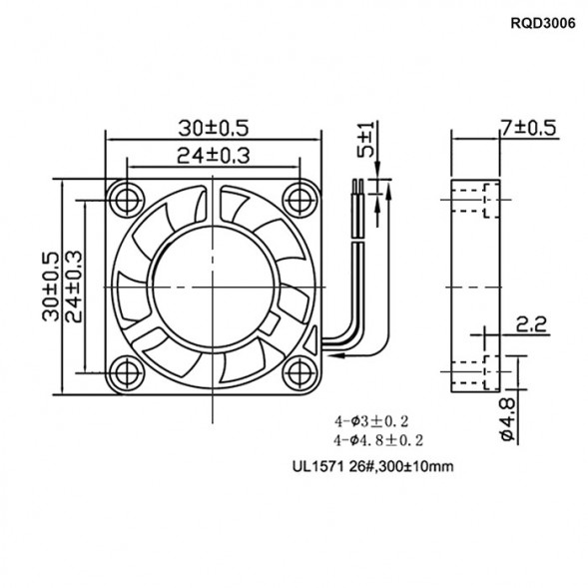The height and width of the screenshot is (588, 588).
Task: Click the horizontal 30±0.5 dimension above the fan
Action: [x=213, y=127]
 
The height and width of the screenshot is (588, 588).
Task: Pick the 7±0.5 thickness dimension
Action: [x=528, y=127]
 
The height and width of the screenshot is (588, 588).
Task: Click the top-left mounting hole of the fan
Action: [x=127, y=196]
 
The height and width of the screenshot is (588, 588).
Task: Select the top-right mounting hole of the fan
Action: [x=299, y=196]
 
